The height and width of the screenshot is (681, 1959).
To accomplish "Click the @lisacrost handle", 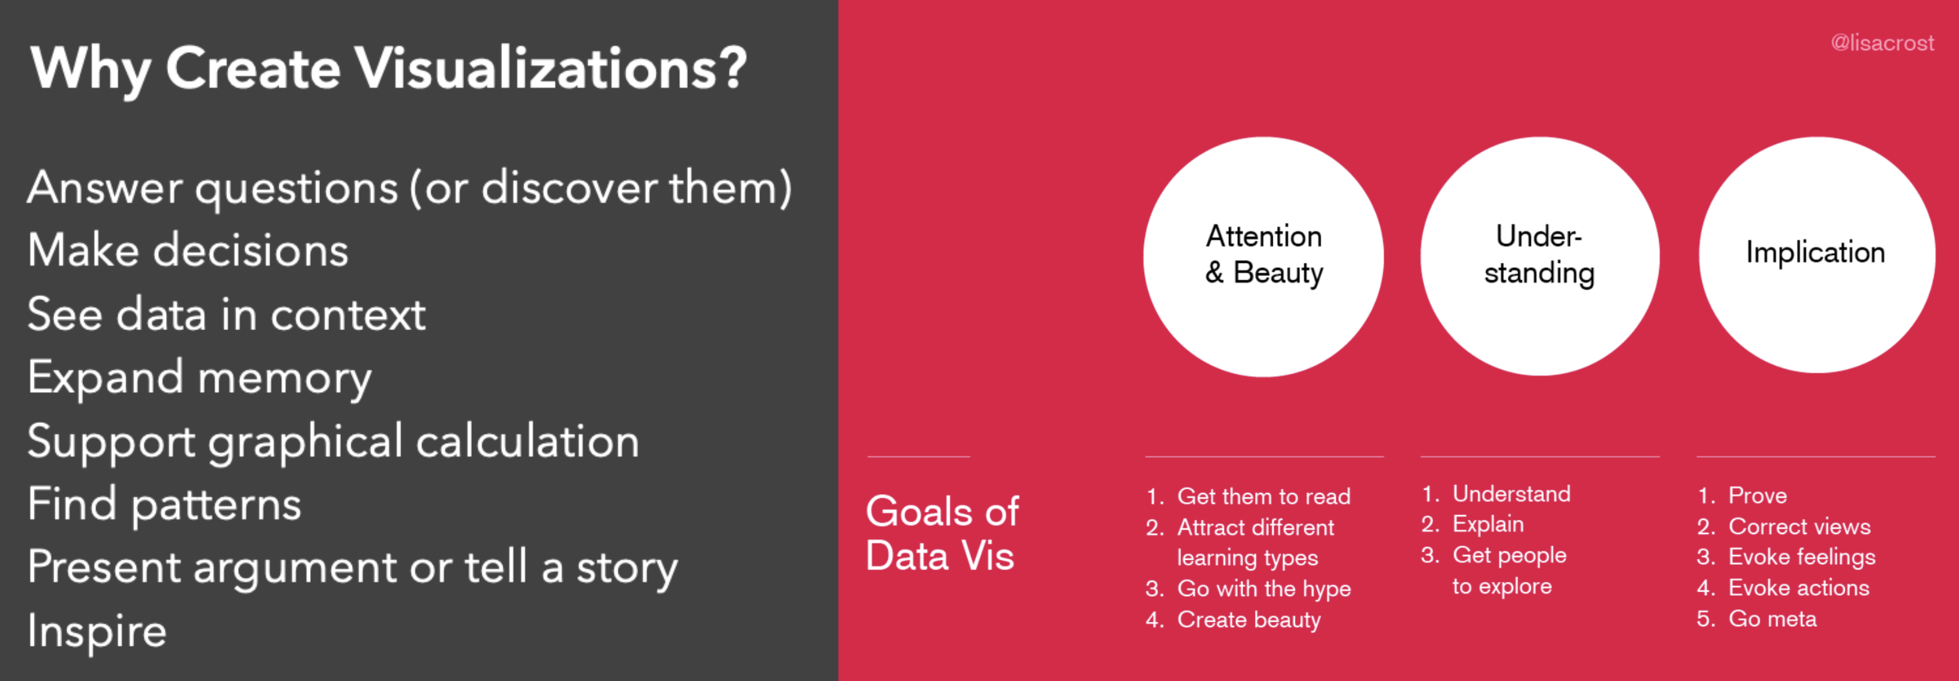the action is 1882,42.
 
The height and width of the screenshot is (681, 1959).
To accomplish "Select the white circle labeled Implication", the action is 1817,254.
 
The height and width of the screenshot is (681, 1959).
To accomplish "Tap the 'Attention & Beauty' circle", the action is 1263,256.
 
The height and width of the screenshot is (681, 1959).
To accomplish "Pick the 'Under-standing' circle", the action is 1540,256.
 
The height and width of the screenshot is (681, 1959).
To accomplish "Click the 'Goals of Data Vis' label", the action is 942,533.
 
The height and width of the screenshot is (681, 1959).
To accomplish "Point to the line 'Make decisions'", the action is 188,250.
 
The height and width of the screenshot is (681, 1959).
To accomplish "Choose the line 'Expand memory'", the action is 199,378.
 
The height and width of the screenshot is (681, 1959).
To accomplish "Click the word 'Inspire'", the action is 97,631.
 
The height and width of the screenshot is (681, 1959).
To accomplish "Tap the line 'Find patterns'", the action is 164,504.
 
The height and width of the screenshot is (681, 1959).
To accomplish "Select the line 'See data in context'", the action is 226,314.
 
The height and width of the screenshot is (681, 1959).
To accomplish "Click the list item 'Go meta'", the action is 1773,619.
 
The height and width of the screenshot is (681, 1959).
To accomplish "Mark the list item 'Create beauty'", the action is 1249,620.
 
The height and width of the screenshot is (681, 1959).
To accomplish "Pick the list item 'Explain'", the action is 1488,524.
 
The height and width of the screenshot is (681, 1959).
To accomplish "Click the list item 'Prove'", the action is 1757,495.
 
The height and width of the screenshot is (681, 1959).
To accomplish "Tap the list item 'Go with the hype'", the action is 1264,589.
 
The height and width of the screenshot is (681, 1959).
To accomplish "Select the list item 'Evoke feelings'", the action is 1802,557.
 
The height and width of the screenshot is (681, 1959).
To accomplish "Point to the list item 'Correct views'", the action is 1799,527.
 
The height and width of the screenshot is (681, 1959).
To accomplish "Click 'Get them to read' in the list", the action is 1264,497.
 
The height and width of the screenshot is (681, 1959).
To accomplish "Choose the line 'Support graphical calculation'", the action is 333,441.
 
